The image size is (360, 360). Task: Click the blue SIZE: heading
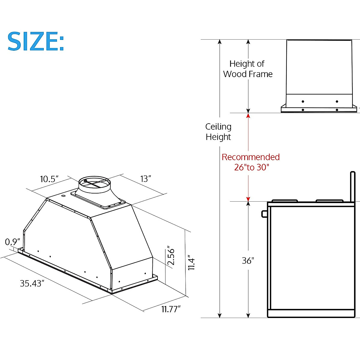click(36, 41)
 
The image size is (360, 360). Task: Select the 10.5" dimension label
click(49, 179)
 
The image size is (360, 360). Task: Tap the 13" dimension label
click(145, 179)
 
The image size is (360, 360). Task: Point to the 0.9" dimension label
click(12, 242)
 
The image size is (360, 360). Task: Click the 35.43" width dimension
click(32, 283)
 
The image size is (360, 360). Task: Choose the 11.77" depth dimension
click(171, 309)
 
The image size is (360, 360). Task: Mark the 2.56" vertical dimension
click(171, 256)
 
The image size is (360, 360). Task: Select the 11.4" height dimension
click(191, 263)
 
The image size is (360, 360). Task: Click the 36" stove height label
click(248, 261)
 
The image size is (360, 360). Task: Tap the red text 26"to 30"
click(252, 167)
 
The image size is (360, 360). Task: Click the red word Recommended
click(250, 157)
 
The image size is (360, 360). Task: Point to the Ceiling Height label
click(218, 132)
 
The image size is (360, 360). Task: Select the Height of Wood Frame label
click(248, 69)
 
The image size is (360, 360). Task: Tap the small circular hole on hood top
click(63, 196)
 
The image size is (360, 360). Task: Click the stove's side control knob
click(264, 213)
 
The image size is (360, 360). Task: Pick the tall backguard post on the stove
click(352, 186)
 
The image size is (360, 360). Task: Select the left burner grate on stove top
click(284, 201)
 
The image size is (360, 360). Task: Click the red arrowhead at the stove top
click(248, 199)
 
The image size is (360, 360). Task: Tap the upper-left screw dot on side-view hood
click(303, 101)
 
